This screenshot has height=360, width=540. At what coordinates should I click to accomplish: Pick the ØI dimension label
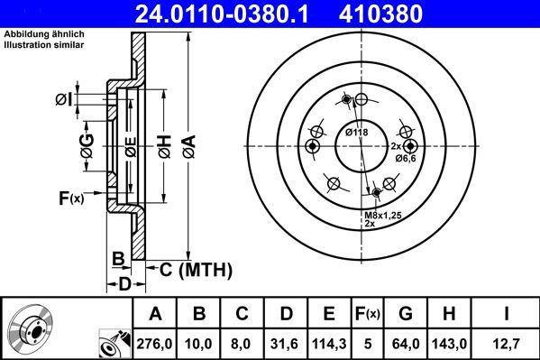[x=62, y=98]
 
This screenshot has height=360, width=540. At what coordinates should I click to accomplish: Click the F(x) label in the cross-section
[x=71, y=198]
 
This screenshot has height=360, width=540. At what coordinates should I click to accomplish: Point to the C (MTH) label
[x=196, y=269]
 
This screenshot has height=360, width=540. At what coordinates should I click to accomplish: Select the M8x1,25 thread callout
[x=382, y=216]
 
